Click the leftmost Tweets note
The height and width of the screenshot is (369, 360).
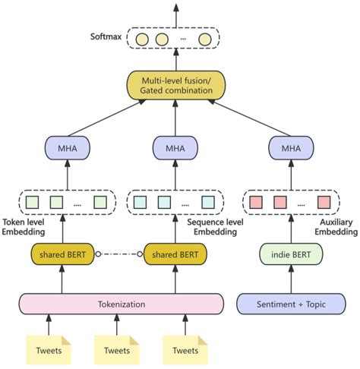[49, 349]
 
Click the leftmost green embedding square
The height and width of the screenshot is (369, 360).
[33, 202]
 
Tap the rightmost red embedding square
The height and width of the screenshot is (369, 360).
[324, 202]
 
